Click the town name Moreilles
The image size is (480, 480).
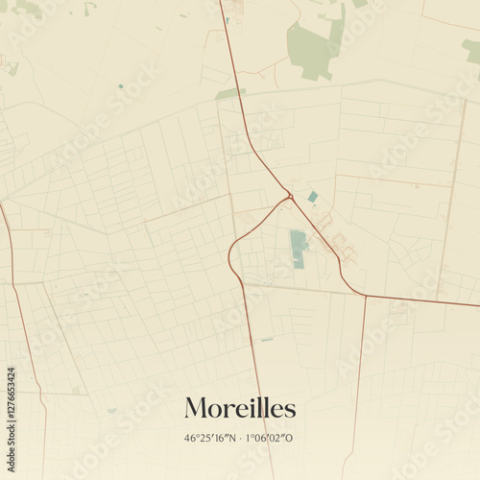(240, 408)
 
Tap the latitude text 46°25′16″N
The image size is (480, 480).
(208, 438)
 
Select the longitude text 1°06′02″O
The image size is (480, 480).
(272, 438)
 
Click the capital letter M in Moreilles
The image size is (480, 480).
(194, 408)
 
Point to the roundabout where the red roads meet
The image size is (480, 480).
(289, 198)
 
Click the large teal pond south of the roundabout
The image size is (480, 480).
(299, 248)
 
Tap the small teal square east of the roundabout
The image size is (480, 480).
(313, 197)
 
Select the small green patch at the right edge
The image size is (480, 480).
(471, 50)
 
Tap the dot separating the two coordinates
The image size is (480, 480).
(240, 438)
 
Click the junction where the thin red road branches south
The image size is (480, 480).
(366, 296)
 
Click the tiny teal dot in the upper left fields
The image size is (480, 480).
(120, 86)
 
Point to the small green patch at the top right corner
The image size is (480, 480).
(359, 3)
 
